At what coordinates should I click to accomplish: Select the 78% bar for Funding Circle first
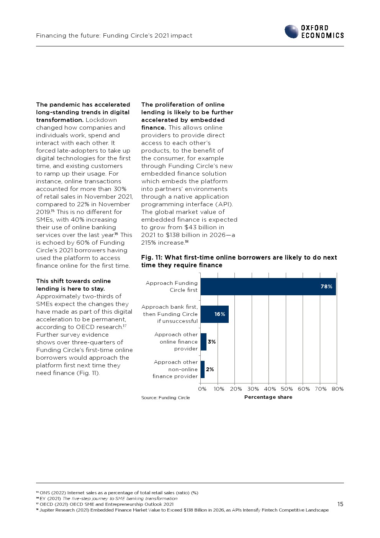click(268, 286)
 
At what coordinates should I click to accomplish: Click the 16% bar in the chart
click(214, 314)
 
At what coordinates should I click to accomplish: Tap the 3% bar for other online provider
click(203, 342)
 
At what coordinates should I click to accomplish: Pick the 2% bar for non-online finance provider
click(203, 369)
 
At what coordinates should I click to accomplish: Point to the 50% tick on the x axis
click(287, 389)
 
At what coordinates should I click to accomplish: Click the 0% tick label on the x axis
click(202, 389)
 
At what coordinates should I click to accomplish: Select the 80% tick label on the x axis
click(337, 389)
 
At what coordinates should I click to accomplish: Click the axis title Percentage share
click(268, 397)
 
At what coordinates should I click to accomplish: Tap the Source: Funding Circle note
click(165, 398)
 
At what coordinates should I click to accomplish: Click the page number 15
click(340, 504)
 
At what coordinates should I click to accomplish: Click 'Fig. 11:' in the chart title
click(152, 258)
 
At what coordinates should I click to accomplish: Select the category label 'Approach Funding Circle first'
click(172, 286)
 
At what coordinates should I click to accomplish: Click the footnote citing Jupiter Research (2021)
click(182, 510)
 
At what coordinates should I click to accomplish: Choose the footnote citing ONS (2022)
click(117, 493)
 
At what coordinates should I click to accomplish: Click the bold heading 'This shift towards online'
click(73, 281)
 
